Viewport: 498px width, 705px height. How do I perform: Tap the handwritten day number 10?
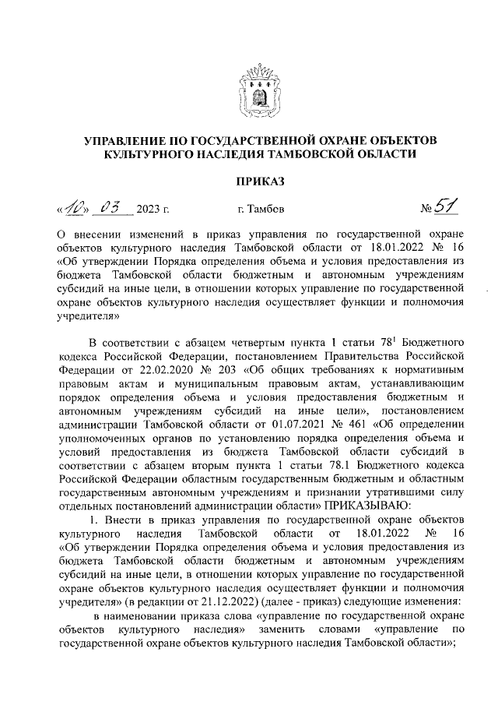[76, 207]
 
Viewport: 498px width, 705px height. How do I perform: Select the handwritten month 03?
[114, 207]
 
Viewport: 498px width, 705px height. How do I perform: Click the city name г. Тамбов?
[261, 210]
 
